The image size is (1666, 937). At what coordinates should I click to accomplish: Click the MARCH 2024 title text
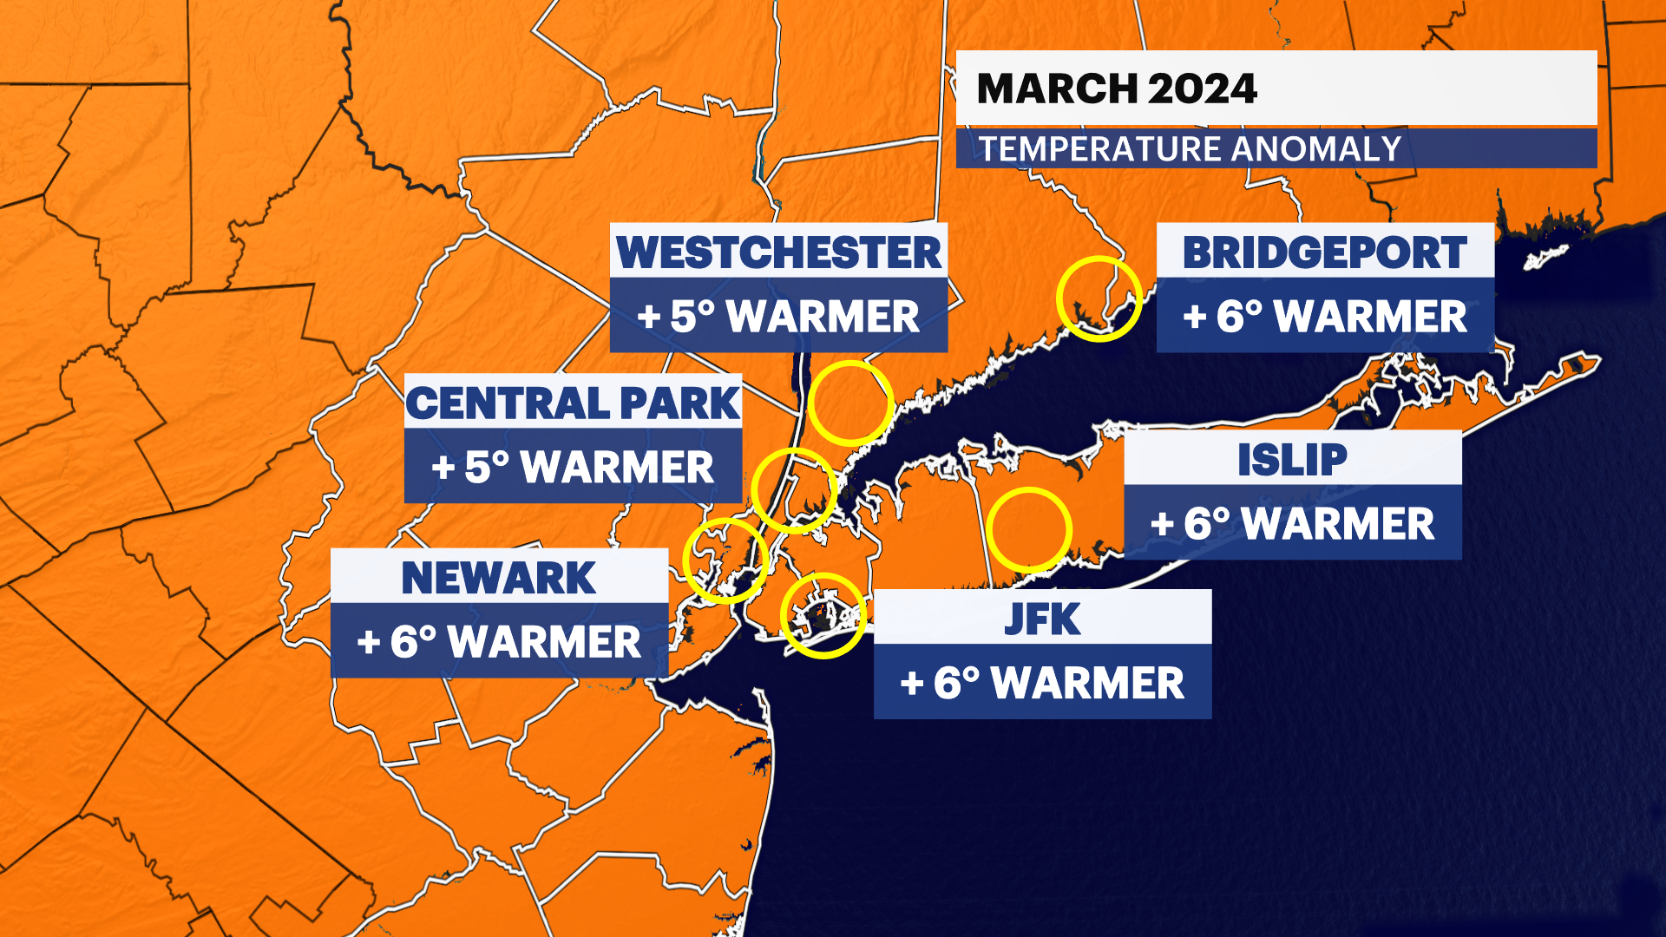(x=1116, y=88)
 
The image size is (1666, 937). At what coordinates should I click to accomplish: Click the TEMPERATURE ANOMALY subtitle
(x=1190, y=149)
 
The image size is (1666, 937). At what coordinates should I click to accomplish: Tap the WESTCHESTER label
(x=778, y=252)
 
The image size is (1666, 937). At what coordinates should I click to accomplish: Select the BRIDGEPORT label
(x=1324, y=252)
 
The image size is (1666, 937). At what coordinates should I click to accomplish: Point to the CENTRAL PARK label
(x=573, y=403)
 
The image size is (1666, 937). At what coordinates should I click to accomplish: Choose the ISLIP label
(x=1292, y=459)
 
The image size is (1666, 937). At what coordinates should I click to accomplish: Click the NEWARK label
(x=499, y=578)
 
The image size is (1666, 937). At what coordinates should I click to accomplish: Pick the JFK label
(x=1042, y=619)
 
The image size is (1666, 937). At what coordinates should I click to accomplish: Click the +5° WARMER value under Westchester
(x=778, y=316)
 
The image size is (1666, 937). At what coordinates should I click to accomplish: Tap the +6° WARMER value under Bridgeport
(x=1324, y=316)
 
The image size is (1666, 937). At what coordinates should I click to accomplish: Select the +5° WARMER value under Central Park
(x=573, y=467)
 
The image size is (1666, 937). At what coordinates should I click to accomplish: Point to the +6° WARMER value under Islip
(x=1292, y=523)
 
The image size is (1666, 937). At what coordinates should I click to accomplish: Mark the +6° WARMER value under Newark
(x=499, y=642)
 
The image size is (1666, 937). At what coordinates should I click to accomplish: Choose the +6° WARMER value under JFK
(x=1042, y=683)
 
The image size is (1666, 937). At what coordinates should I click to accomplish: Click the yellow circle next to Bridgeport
(x=1099, y=298)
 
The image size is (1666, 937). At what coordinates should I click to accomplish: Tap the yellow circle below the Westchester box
(x=850, y=403)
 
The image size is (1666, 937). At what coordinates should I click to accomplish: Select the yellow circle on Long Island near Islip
(x=1030, y=529)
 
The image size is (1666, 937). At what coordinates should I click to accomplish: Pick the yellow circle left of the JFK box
(x=823, y=615)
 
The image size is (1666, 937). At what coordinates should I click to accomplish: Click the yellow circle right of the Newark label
(x=725, y=560)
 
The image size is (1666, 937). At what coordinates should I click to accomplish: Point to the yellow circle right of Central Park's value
(x=794, y=490)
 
